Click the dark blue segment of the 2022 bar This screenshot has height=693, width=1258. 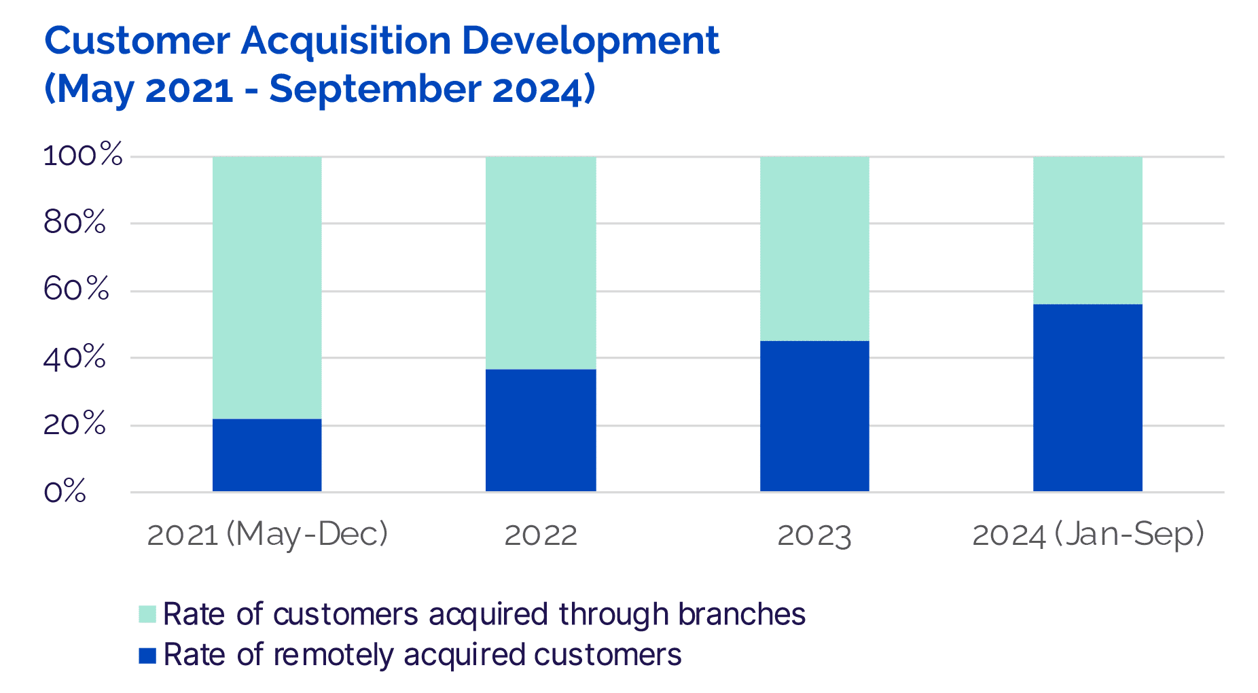541,430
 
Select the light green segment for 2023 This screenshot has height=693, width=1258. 814,249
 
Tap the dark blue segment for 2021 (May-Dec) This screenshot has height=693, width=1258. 267,455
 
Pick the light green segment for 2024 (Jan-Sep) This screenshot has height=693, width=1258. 1088,230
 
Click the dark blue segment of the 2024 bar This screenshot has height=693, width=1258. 1088,397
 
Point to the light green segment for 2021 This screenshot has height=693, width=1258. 267,287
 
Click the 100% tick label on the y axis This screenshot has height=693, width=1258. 83,156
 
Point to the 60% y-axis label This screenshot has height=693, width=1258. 76,289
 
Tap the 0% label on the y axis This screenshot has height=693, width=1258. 65,491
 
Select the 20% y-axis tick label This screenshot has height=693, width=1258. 75,425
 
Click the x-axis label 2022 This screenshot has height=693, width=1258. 541,535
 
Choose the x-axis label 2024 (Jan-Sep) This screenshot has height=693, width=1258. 1088,535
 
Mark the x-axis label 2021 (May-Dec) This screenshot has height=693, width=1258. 267,535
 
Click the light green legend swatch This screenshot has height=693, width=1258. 147,614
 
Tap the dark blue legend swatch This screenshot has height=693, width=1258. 147,656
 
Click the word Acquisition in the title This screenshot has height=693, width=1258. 346,41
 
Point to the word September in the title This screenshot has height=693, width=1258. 375,90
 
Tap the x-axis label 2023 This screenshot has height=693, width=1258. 814,535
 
